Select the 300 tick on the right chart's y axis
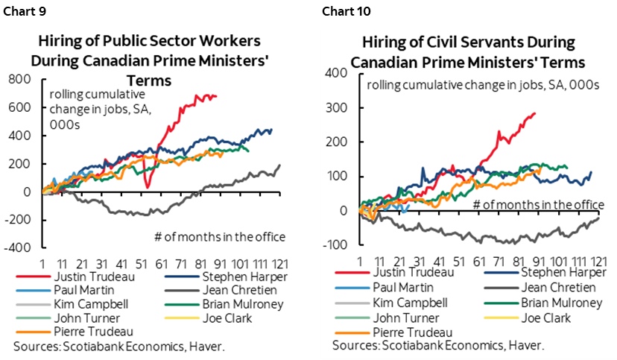tap(341, 107)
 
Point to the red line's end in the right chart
tap(535, 113)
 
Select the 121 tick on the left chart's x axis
tap(279, 264)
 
